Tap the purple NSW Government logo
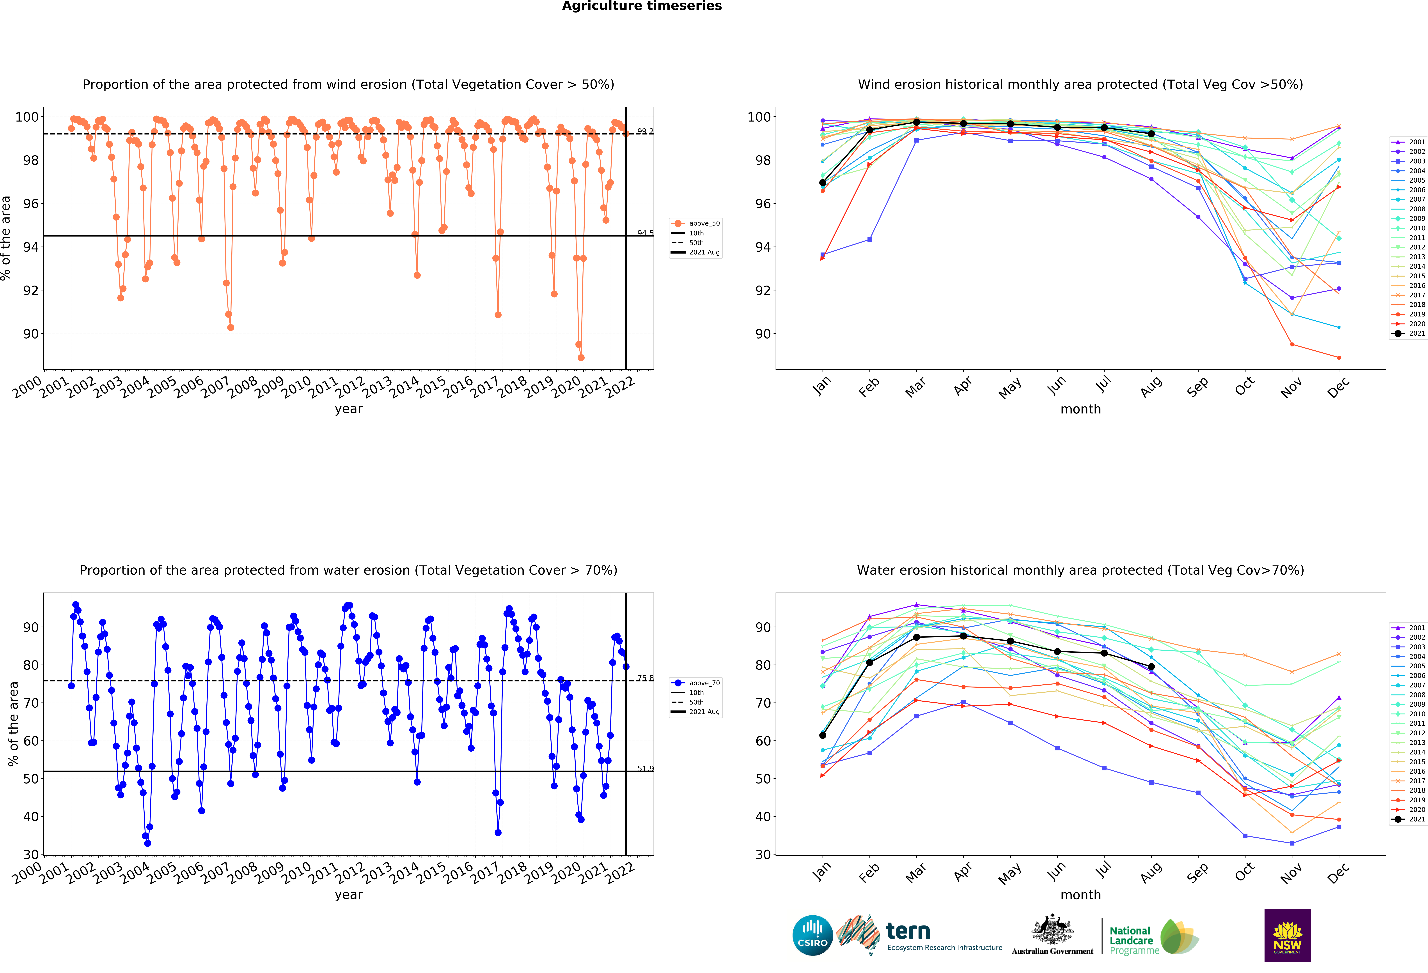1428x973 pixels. [1287, 935]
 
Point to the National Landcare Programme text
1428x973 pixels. [1134, 940]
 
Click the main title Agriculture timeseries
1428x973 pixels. [642, 6]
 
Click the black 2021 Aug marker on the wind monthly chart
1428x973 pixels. [1151, 134]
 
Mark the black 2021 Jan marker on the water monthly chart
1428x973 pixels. [822, 735]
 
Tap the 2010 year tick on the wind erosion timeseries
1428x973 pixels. [296, 387]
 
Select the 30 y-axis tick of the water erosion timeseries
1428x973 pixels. [31, 855]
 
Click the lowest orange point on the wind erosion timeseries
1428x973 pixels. [581, 357]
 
